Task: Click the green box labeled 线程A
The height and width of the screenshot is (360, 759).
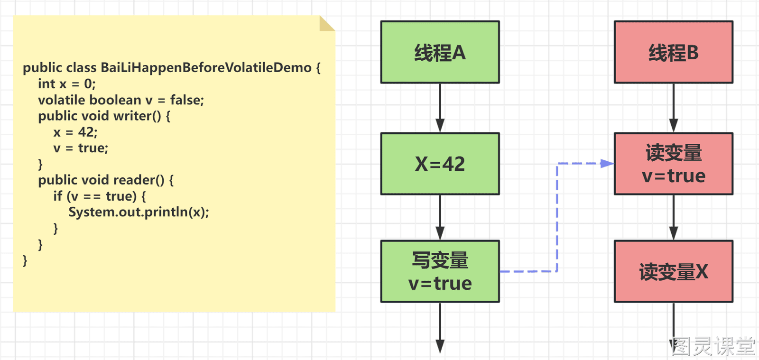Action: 440,52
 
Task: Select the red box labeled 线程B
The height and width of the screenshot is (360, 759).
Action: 673,52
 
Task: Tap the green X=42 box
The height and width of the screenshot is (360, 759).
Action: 440,164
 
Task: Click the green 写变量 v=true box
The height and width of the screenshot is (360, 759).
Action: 440,271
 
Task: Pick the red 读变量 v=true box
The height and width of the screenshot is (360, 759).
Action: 673,164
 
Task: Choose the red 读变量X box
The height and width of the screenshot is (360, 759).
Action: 673,271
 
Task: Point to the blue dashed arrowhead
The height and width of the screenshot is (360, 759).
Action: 607,164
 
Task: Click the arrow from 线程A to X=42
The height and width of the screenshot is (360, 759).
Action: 440,108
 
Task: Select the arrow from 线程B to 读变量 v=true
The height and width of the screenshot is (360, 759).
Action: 673,108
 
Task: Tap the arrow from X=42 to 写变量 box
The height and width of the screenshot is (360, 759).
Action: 440,217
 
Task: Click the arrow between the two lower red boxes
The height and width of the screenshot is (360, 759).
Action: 673,217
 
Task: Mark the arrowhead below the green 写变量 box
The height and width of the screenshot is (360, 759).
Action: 440,347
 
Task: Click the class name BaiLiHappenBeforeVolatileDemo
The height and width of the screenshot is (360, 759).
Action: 206,68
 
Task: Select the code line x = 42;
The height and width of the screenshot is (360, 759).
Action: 75,132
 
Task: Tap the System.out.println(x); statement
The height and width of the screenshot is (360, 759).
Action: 139,212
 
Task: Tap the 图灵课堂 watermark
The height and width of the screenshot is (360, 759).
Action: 713,347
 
